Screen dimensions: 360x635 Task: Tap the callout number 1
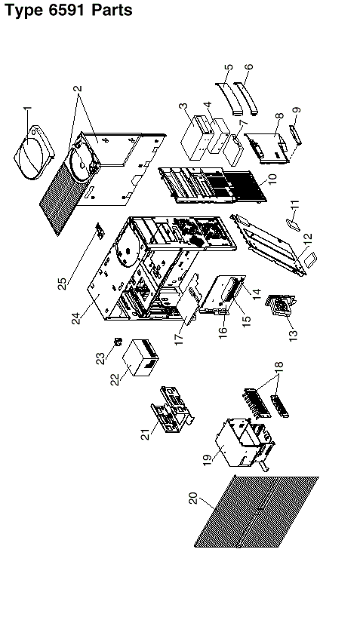(x=27, y=110)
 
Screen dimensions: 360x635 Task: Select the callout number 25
(x=63, y=284)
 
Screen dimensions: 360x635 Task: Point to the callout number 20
(x=193, y=498)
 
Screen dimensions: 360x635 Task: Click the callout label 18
(x=278, y=366)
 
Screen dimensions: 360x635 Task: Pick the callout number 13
(x=294, y=335)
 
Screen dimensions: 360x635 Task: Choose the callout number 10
(x=272, y=179)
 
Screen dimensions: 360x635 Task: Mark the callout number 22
(x=115, y=379)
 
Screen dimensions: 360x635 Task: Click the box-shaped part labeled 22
(x=140, y=357)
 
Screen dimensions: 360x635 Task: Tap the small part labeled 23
(x=118, y=342)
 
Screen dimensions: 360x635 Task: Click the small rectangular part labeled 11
(x=293, y=224)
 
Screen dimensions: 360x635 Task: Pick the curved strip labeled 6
(x=247, y=98)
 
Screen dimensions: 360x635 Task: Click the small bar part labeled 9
(x=296, y=135)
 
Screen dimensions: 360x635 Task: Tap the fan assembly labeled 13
(x=280, y=307)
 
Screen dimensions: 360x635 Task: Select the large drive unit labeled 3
(x=197, y=138)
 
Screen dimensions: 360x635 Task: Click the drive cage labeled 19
(x=243, y=443)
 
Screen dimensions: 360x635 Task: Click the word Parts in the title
(x=112, y=10)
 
